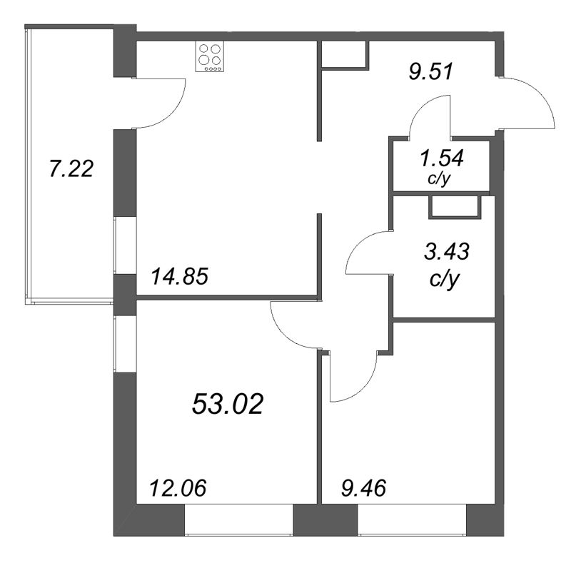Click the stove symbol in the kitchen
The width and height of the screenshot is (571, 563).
(x=211, y=57)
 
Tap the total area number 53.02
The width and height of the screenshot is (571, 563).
(x=228, y=405)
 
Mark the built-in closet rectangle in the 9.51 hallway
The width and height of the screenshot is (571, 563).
(x=344, y=55)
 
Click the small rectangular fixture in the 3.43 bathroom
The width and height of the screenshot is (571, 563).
(x=453, y=207)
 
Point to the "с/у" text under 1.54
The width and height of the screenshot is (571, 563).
(x=439, y=179)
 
